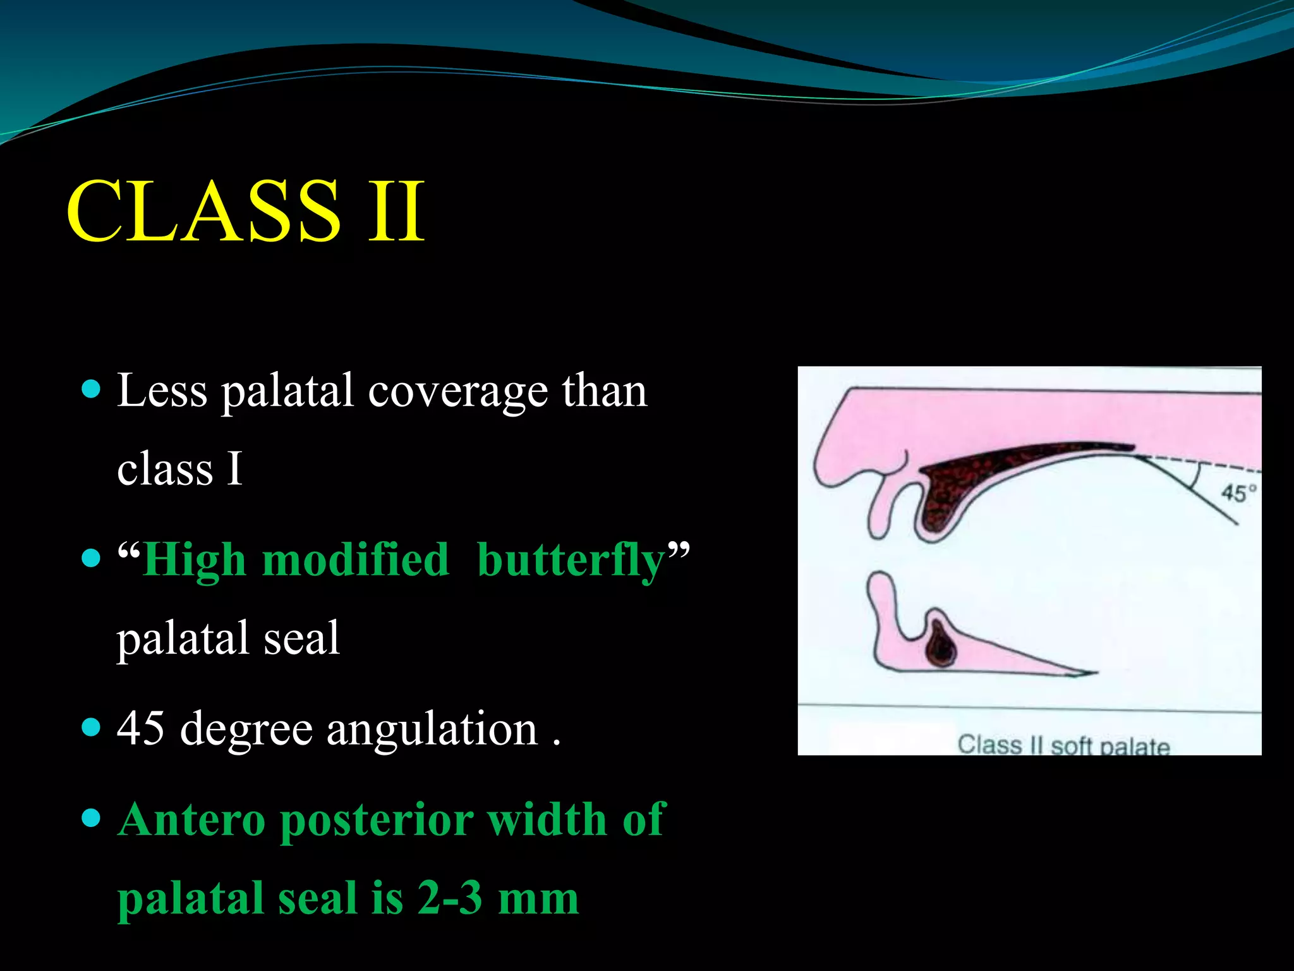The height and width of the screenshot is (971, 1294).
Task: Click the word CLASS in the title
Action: click(203, 211)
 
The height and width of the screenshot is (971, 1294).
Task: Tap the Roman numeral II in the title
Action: click(397, 211)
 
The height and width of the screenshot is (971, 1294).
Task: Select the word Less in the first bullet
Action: click(162, 391)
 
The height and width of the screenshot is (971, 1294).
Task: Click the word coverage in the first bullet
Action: click(457, 392)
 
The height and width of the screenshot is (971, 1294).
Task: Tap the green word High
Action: click(195, 561)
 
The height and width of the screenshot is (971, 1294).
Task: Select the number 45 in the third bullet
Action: click(141, 728)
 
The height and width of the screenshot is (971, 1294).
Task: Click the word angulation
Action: click(432, 730)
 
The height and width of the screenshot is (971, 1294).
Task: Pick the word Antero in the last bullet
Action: click(191, 819)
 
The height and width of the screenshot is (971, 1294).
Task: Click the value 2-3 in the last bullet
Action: click(449, 897)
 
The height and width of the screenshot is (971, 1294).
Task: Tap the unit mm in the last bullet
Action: click(538, 898)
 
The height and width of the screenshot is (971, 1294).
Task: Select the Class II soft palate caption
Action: click(1063, 745)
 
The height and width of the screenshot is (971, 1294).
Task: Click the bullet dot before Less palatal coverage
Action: click(92, 388)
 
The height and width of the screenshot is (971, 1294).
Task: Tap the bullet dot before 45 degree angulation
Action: click(92, 727)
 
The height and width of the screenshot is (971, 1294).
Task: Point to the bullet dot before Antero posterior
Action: click(92, 819)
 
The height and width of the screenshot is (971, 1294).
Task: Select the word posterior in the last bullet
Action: click(377, 821)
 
